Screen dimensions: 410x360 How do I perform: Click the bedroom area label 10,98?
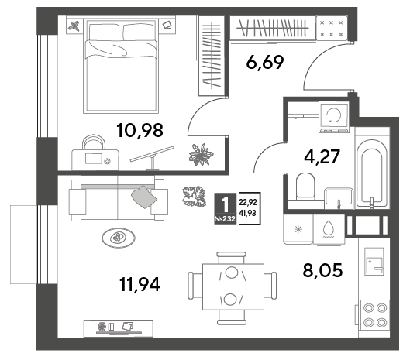(140, 130)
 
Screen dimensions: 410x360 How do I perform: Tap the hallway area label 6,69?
(265, 63)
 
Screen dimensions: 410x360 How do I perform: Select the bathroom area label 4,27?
(322, 156)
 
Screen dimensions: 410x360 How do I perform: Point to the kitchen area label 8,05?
(322, 270)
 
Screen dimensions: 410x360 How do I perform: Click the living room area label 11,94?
(140, 284)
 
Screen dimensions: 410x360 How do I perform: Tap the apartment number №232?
(225, 219)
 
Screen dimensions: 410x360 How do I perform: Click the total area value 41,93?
(247, 214)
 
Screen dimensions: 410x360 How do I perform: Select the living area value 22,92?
(248, 202)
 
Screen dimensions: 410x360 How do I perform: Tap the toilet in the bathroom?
(305, 186)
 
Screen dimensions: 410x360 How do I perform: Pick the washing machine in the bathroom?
(333, 117)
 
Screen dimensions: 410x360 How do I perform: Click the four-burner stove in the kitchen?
(374, 315)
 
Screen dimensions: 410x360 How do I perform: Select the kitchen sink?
(374, 262)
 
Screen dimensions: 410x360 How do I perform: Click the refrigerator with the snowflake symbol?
(298, 230)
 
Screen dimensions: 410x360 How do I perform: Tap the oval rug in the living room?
(119, 238)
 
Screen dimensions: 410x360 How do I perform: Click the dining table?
(233, 287)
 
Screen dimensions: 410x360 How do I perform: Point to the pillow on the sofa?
(144, 197)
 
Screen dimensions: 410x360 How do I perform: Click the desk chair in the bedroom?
(94, 142)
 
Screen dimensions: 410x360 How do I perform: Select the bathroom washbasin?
(339, 198)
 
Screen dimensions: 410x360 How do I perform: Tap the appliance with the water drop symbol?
(329, 230)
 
